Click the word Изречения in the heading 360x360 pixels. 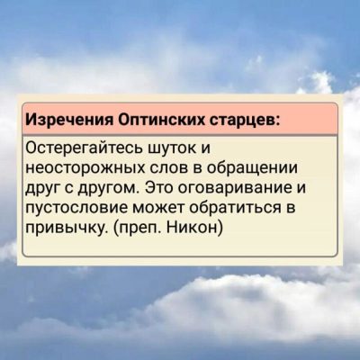pos(69,120)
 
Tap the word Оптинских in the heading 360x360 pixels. pos(160,120)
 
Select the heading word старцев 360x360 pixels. pos(242,121)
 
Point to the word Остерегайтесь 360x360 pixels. pos(85,148)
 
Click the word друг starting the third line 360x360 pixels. pos(42,189)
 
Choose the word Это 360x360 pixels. pos(159,188)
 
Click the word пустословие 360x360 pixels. pos(76,209)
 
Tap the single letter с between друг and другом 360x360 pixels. pos(68,189)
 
